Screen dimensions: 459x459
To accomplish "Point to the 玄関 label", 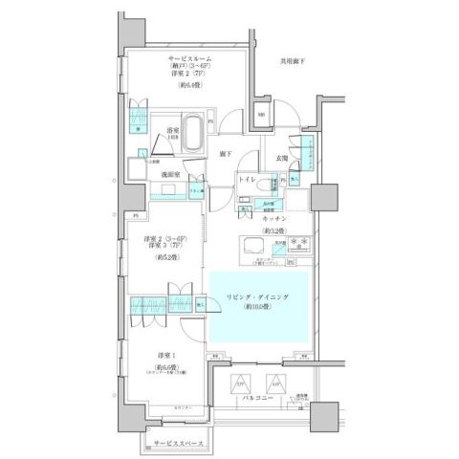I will [283, 158].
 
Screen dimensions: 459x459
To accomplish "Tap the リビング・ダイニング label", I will [258, 297].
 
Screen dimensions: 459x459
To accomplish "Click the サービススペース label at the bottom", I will [180, 444].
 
